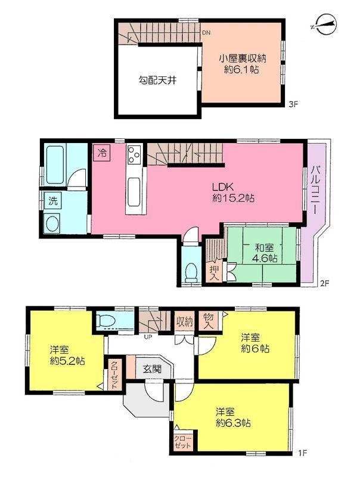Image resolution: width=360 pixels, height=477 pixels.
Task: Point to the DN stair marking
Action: pos(206,33)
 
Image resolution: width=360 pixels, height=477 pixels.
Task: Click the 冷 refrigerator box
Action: pos(101,153)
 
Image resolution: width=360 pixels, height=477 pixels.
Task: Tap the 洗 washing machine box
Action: pos(52,201)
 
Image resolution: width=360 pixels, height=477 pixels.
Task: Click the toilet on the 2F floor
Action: pos(191,272)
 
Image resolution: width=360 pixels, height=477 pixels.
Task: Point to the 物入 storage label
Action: pos(208,323)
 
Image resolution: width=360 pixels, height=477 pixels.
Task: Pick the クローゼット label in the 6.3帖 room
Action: pos(183,441)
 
